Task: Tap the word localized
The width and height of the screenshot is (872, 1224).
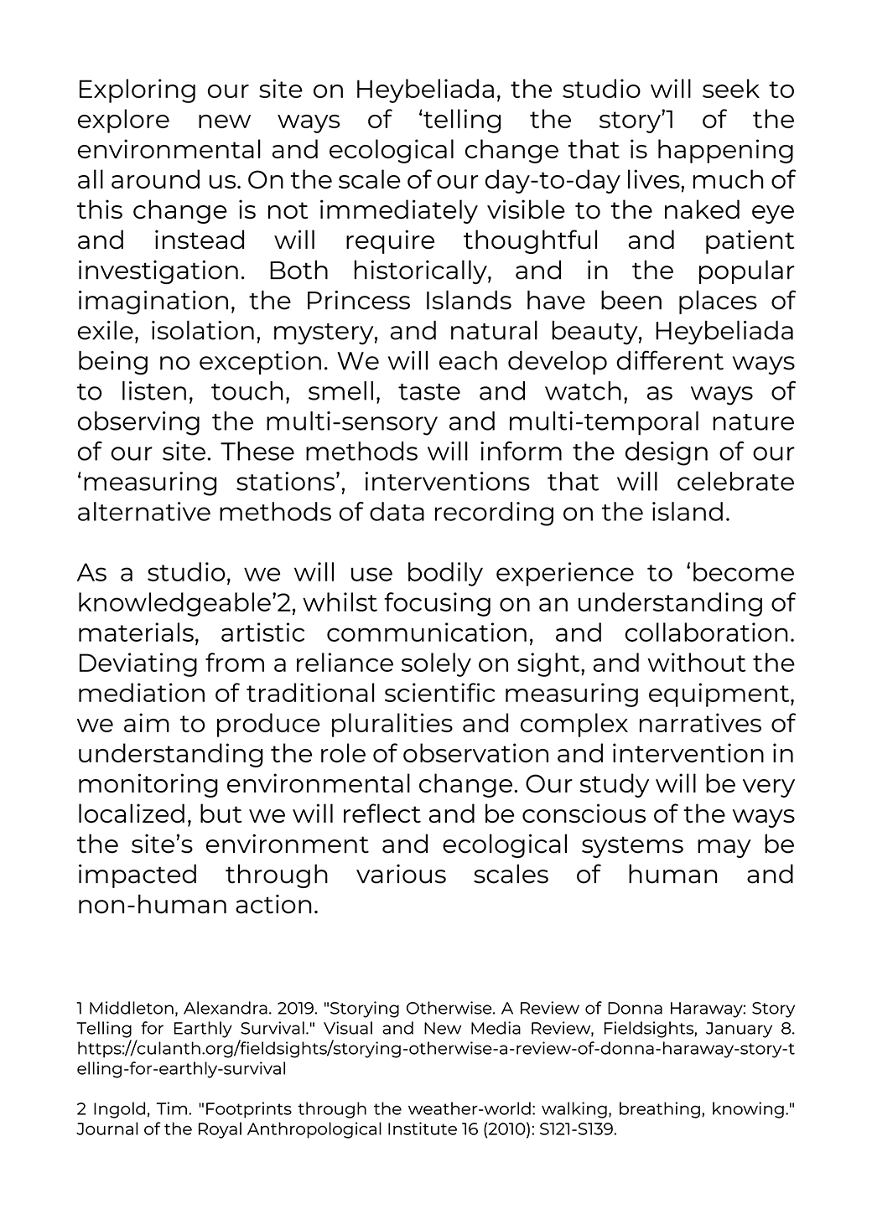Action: pyautogui.click(x=131, y=815)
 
